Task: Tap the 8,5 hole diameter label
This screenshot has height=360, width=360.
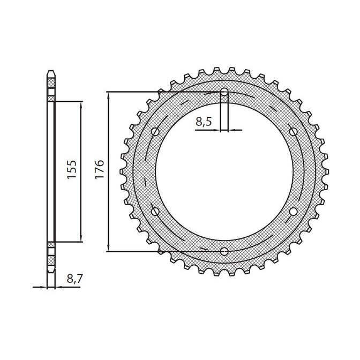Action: [204, 122]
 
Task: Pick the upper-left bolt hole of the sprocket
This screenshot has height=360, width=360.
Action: [156, 131]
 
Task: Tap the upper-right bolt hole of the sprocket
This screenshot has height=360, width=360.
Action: [293, 131]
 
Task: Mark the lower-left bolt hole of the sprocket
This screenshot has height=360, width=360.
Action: [156, 211]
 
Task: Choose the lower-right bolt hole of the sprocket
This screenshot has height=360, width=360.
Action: [293, 211]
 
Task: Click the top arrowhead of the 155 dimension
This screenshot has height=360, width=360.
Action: [81, 104]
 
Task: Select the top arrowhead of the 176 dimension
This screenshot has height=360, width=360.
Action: [109, 95]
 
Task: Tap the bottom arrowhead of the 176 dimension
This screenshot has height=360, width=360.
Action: [109, 247]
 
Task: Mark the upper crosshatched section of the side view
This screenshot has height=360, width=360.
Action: [51, 83]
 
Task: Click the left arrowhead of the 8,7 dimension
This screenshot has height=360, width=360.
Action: [45, 288]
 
